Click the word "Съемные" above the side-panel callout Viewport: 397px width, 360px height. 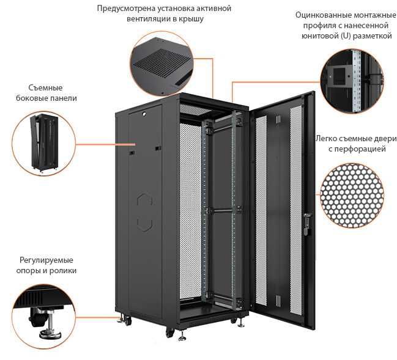pos(45,88)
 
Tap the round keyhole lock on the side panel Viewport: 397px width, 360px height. pos(144,114)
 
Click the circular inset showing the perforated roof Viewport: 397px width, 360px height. pos(162,64)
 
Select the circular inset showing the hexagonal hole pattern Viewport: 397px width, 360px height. pos(352,196)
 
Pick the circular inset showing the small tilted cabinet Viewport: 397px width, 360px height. pos(44,143)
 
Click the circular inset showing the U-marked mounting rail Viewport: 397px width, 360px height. pos(352,81)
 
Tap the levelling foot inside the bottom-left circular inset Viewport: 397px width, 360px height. pos(51,326)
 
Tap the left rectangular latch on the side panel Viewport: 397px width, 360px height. pos(132,153)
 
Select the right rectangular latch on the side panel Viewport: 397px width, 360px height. pos(158,148)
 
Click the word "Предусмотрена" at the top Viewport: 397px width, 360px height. pos(125,9)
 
